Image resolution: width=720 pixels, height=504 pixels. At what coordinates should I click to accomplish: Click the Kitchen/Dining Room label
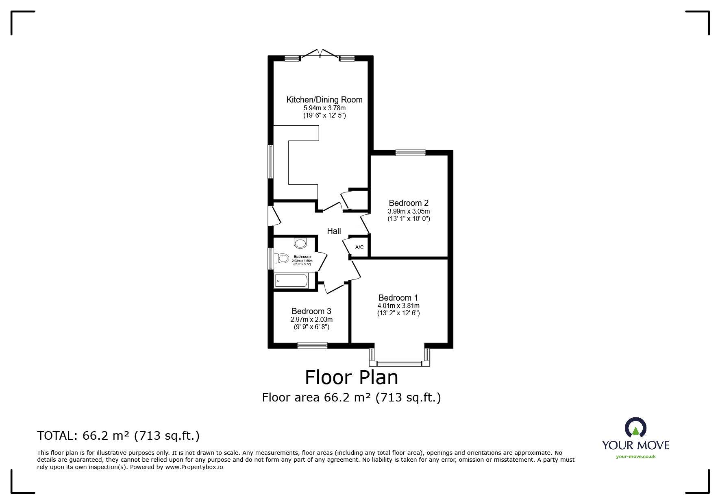[x=324, y=100]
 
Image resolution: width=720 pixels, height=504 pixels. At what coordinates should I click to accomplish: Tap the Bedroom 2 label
[x=409, y=203]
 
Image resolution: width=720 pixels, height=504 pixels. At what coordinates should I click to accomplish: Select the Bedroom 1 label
[x=398, y=298]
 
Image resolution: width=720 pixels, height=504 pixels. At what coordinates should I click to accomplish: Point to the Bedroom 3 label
[x=311, y=312]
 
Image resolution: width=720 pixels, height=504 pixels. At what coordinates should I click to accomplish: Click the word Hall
[x=334, y=231]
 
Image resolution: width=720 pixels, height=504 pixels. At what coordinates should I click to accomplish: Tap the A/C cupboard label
[x=359, y=247]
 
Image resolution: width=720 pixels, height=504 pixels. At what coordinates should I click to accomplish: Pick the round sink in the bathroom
[x=300, y=243]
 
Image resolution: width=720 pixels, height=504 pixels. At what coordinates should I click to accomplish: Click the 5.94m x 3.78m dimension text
[x=324, y=108]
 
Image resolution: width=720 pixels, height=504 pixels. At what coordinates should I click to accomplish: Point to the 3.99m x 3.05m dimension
[x=409, y=212]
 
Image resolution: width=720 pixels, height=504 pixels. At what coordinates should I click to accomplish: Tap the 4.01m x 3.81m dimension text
[x=398, y=306]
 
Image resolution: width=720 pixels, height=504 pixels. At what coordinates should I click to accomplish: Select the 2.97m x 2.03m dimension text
[x=311, y=320]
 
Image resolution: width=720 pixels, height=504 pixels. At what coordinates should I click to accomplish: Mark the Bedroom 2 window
[x=411, y=153]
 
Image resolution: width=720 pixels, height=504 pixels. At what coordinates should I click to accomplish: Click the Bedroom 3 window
[x=312, y=346]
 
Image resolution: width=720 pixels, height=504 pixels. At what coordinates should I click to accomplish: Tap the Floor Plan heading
[x=352, y=377]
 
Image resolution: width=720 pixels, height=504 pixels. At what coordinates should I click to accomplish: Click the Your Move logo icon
[x=635, y=428]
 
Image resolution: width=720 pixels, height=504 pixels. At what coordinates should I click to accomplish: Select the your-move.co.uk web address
[x=636, y=456]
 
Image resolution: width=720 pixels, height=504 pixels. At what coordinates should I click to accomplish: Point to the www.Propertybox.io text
[x=194, y=467]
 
